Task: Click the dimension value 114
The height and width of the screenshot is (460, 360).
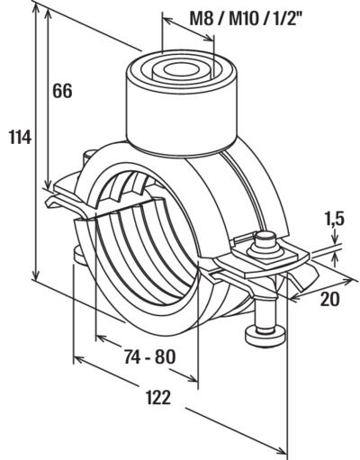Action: (20, 138)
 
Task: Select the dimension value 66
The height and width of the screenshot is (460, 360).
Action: (62, 91)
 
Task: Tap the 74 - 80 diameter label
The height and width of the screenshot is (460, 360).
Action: (150, 357)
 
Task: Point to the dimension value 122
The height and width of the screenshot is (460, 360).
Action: (158, 398)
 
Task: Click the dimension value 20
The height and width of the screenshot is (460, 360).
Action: (330, 299)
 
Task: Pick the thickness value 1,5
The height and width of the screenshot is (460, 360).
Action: (334, 219)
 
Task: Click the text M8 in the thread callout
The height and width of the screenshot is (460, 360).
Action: (201, 20)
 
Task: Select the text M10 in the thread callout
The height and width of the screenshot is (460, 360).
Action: (243, 20)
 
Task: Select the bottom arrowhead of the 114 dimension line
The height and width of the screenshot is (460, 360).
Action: (36, 274)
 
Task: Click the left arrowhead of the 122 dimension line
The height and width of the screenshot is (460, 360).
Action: (78, 359)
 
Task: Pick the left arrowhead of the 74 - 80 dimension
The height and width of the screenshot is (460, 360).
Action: (101, 338)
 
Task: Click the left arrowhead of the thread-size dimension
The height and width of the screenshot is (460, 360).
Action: (167, 20)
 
